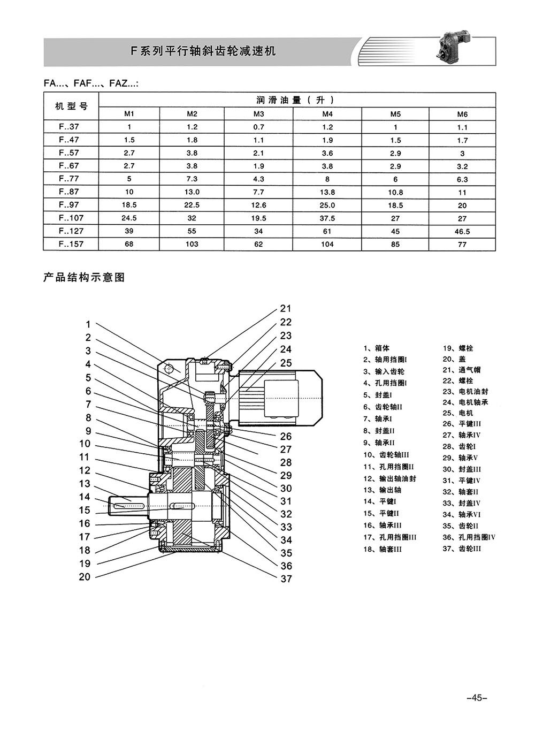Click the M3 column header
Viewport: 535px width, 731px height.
click(258, 114)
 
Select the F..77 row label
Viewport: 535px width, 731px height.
click(69, 179)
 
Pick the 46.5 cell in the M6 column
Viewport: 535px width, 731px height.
click(462, 231)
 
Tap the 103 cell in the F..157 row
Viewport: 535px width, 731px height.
click(192, 244)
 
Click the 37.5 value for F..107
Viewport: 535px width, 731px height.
click(327, 218)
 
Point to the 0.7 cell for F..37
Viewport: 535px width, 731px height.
click(258, 127)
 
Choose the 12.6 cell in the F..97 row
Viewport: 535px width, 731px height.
click(258, 205)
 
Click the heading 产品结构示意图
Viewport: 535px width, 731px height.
click(84, 277)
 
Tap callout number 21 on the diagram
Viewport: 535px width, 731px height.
click(286, 308)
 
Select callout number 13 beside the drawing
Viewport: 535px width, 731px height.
click(85, 483)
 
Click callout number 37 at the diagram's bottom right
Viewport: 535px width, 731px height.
click(286, 578)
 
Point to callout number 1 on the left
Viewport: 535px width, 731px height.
click(88, 324)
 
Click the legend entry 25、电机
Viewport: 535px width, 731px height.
click(457, 413)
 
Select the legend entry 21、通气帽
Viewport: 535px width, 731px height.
click(462, 370)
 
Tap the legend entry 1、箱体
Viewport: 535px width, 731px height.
click(377, 348)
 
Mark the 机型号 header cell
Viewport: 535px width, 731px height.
click(71, 106)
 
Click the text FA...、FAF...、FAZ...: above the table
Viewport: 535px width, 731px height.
click(91, 83)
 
